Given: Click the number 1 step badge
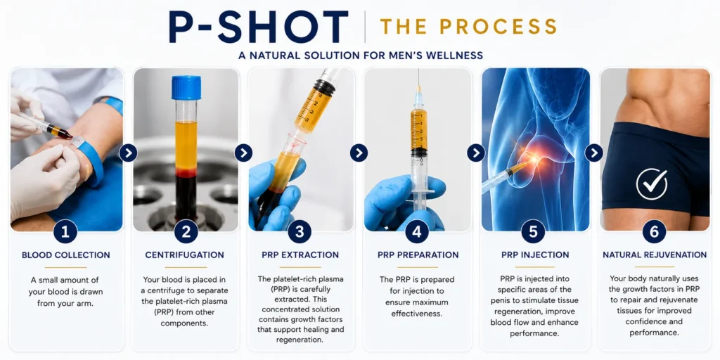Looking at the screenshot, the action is (x=65, y=231).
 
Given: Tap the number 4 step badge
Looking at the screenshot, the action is (x=417, y=231).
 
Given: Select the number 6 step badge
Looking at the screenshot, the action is (x=654, y=231).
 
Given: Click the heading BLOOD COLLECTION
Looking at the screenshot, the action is (x=66, y=255).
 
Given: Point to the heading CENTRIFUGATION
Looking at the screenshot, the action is (x=185, y=255).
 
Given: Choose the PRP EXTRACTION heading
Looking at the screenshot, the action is (x=300, y=255).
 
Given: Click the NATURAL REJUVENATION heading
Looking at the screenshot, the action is (x=655, y=255).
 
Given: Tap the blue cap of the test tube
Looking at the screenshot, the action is (x=186, y=87).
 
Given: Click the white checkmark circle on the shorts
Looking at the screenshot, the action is (x=652, y=184).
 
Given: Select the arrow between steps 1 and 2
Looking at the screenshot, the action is (x=128, y=153).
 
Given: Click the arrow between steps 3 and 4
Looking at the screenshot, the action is (x=359, y=153).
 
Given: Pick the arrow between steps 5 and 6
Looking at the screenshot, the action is (x=593, y=153).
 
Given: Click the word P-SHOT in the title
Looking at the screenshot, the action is (x=259, y=27).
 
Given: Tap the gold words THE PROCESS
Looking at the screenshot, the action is (x=468, y=27).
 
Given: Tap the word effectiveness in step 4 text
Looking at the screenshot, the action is (x=417, y=314).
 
